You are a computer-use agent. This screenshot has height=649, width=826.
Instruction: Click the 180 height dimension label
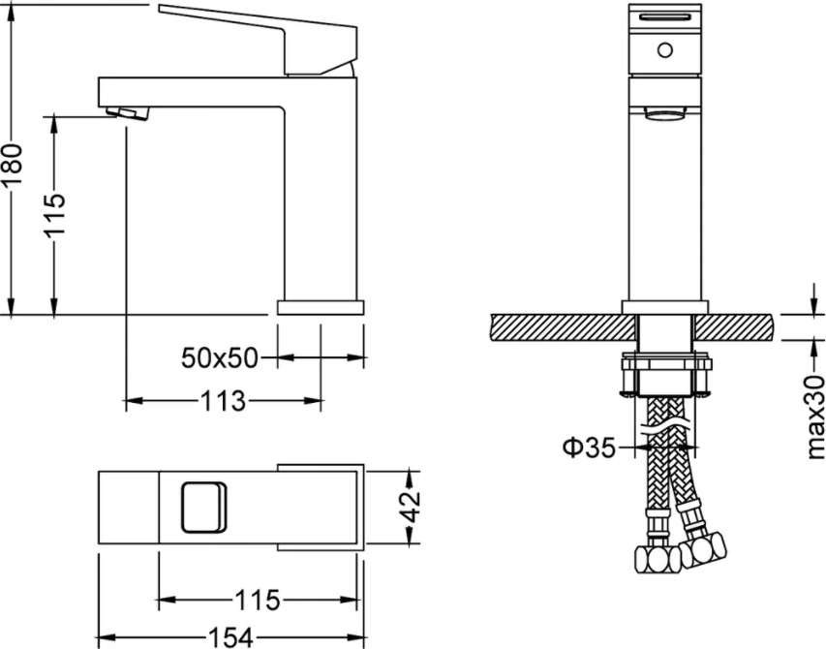(12, 164)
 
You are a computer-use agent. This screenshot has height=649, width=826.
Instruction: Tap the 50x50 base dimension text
(220, 358)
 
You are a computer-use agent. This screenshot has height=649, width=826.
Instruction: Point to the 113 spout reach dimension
(223, 401)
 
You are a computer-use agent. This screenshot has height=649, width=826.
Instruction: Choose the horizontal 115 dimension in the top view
(258, 600)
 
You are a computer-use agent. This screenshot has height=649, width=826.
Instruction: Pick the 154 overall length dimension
(231, 637)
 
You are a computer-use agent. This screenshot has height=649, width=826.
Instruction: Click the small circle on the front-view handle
(665, 50)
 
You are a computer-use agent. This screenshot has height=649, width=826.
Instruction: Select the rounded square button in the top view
(204, 507)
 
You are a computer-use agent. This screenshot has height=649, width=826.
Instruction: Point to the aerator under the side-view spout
(128, 113)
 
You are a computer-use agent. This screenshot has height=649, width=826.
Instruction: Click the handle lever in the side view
(259, 40)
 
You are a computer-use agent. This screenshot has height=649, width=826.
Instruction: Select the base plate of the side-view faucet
(321, 308)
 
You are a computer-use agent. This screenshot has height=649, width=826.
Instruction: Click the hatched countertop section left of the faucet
(562, 327)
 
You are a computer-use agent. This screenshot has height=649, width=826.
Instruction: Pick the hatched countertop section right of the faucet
(735, 327)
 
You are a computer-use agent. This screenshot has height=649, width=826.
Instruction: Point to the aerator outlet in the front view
(665, 112)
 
